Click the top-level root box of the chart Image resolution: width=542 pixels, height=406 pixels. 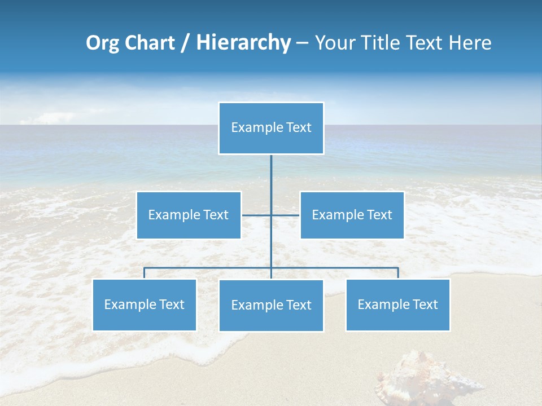pos(271,128)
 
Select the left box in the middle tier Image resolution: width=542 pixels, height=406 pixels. pos(189,215)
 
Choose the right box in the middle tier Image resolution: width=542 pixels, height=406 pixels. pos(352,215)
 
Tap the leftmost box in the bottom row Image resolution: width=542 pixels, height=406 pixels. pos(144,304)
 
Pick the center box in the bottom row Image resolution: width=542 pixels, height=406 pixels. pos(271,305)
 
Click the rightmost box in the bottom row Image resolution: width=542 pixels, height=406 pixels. pos(397,304)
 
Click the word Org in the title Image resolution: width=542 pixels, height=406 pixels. pos(102,43)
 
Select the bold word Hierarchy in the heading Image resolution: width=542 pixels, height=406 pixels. pos(243,43)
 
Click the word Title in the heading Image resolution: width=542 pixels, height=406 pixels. pos(384,43)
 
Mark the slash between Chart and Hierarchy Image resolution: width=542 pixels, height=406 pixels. pos(185,43)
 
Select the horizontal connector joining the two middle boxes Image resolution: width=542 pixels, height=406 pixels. pos(257,215)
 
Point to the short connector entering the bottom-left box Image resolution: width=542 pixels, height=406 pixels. pos(144,273)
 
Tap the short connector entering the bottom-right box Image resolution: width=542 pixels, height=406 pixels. pos(398,273)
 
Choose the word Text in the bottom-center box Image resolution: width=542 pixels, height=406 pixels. pos(298,305)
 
